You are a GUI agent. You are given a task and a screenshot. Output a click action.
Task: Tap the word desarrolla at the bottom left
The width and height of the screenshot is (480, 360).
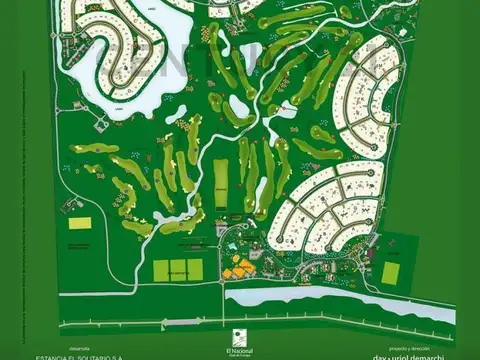[48, 339]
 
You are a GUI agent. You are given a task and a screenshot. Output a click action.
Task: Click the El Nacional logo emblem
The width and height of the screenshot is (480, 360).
[239, 336]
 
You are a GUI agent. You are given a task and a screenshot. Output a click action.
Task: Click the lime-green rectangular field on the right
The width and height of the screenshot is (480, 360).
[393, 271]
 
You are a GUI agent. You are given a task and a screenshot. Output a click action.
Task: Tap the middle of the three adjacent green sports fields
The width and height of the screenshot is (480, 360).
[180, 270]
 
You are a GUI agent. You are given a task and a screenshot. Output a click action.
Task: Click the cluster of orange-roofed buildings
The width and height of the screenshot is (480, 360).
[237, 268]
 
